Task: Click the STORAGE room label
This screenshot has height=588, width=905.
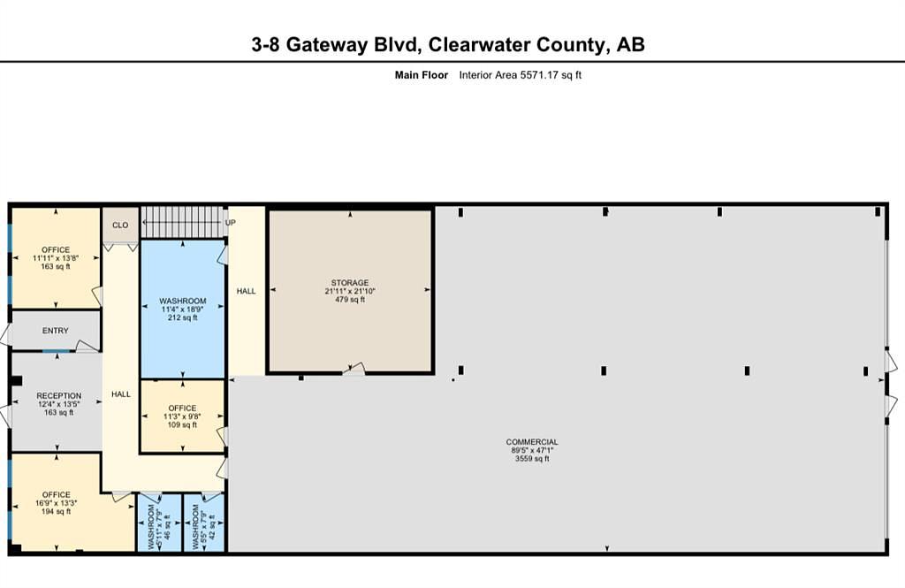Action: pyautogui.click(x=350, y=282)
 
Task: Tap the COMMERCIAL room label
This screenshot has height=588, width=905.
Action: pyautogui.click(x=531, y=442)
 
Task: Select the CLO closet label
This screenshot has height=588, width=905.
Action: pyautogui.click(x=120, y=225)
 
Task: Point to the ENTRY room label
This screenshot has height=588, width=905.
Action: pyautogui.click(x=56, y=331)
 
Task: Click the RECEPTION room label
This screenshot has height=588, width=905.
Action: pyautogui.click(x=59, y=395)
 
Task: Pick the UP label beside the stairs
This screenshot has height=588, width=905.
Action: pyautogui.click(x=231, y=222)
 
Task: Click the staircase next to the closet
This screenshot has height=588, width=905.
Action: pyautogui.click(x=182, y=222)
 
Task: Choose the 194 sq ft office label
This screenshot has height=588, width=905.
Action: pyautogui.click(x=56, y=503)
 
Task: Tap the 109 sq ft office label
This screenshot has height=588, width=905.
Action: pyautogui.click(x=182, y=416)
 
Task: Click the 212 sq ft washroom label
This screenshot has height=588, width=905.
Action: pyautogui.click(x=182, y=309)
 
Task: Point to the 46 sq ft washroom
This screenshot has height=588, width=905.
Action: pyautogui.click(x=159, y=523)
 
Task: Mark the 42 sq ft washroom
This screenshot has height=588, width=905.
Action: pyautogui.click(x=204, y=523)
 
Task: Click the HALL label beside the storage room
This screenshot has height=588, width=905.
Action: pyautogui.click(x=246, y=291)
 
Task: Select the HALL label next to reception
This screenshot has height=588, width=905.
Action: pyautogui.click(x=120, y=394)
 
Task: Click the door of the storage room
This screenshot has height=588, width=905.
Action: pyautogui.click(x=354, y=369)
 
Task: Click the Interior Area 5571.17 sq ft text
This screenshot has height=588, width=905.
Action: pyautogui.click(x=520, y=75)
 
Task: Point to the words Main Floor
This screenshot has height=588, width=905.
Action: pyautogui.click(x=422, y=75)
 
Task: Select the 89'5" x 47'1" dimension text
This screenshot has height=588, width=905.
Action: pyautogui.click(x=531, y=451)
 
